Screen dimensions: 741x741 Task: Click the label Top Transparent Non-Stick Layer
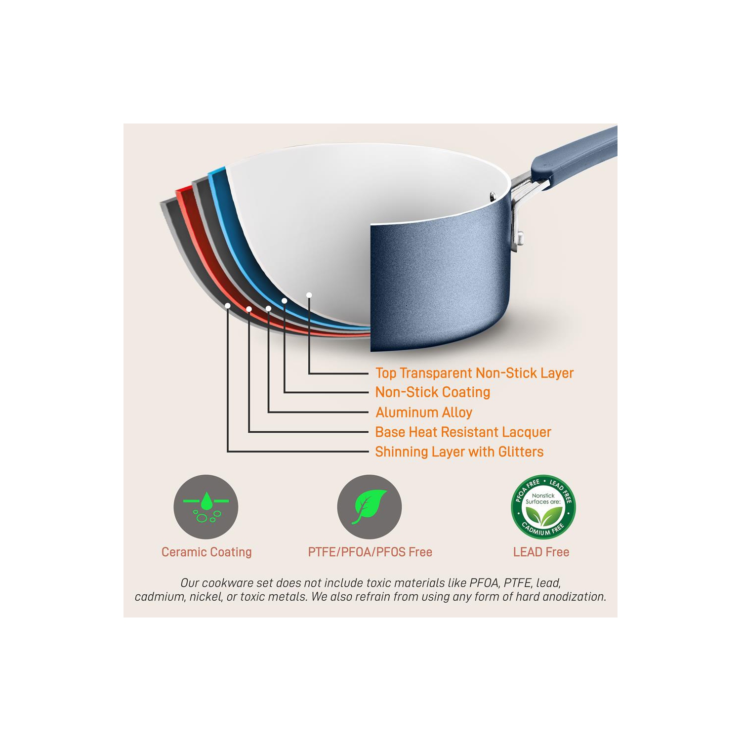[x=474, y=373]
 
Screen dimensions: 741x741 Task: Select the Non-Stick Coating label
[x=433, y=392]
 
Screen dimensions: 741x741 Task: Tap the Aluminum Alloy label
[x=424, y=412]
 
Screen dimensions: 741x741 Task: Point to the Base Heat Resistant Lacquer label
[x=463, y=432]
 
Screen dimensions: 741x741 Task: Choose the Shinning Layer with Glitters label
[x=459, y=452]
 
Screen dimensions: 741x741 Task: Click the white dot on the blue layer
[x=285, y=301]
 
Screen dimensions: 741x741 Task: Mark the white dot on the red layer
[x=249, y=309]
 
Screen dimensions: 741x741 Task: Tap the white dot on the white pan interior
[x=309, y=295]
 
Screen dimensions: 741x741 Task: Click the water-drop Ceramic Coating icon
[x=206, y=507]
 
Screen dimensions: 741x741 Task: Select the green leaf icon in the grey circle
[x=370, y=507]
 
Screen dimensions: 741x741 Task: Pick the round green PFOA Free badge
[x=543, y=507]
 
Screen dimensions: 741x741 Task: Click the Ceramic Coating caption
[x=206, y=552]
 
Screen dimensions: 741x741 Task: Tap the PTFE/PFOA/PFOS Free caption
[x=370, y=552]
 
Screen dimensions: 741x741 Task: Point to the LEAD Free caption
[x=541, y=552]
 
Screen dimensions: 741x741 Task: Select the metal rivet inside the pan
[x=493, y=197]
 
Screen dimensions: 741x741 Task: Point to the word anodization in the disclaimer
[x=577, y=597]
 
